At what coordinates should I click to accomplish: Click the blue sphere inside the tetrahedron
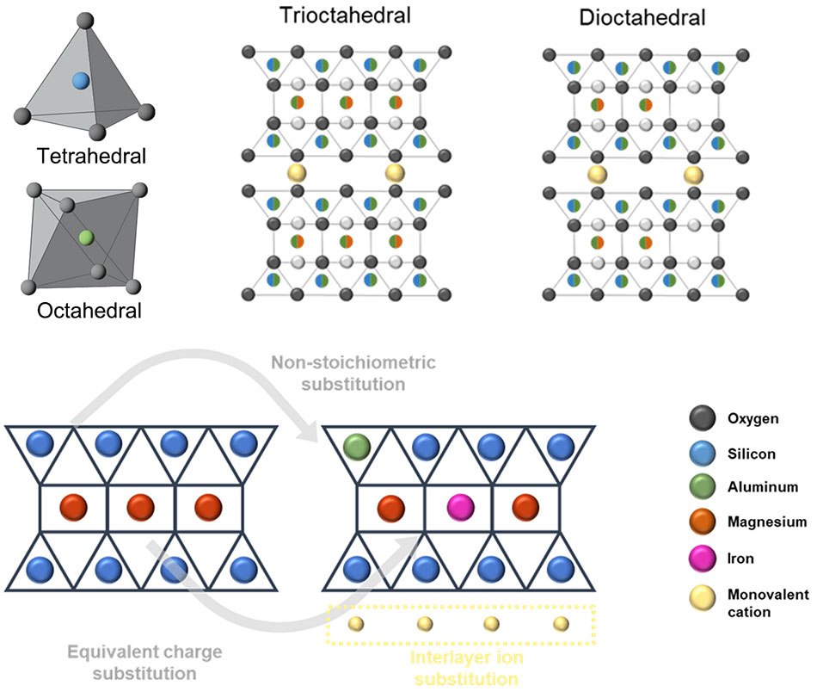(81, 81)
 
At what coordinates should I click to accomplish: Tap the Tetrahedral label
(91, 156)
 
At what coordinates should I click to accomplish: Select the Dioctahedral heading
(642, 16)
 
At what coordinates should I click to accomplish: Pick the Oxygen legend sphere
(702, 419)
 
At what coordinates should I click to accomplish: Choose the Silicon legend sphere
(702, 454)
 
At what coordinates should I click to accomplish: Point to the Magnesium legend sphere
(702, 522)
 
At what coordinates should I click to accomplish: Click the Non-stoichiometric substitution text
(353, 373)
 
